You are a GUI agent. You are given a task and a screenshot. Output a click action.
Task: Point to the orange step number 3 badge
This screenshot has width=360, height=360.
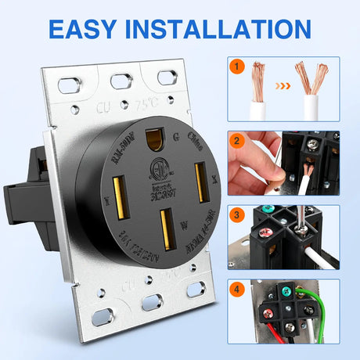237,214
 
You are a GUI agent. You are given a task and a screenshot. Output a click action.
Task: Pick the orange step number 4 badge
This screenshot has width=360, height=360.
237,290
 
